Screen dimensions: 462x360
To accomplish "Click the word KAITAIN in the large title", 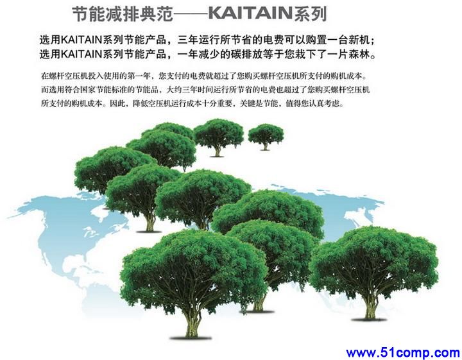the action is (x=250, y=13).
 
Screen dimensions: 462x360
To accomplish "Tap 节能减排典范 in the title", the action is (x=123, y=14).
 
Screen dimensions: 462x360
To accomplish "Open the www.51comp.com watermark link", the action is (x=403, y=352).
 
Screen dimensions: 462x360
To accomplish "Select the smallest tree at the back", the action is (x=266, y=137).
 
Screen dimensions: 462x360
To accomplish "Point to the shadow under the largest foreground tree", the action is (x=191, y=338).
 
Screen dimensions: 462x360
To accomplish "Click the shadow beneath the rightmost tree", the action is (x=369, y=320).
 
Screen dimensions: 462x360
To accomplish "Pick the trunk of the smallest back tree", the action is (x=266, y=146).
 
